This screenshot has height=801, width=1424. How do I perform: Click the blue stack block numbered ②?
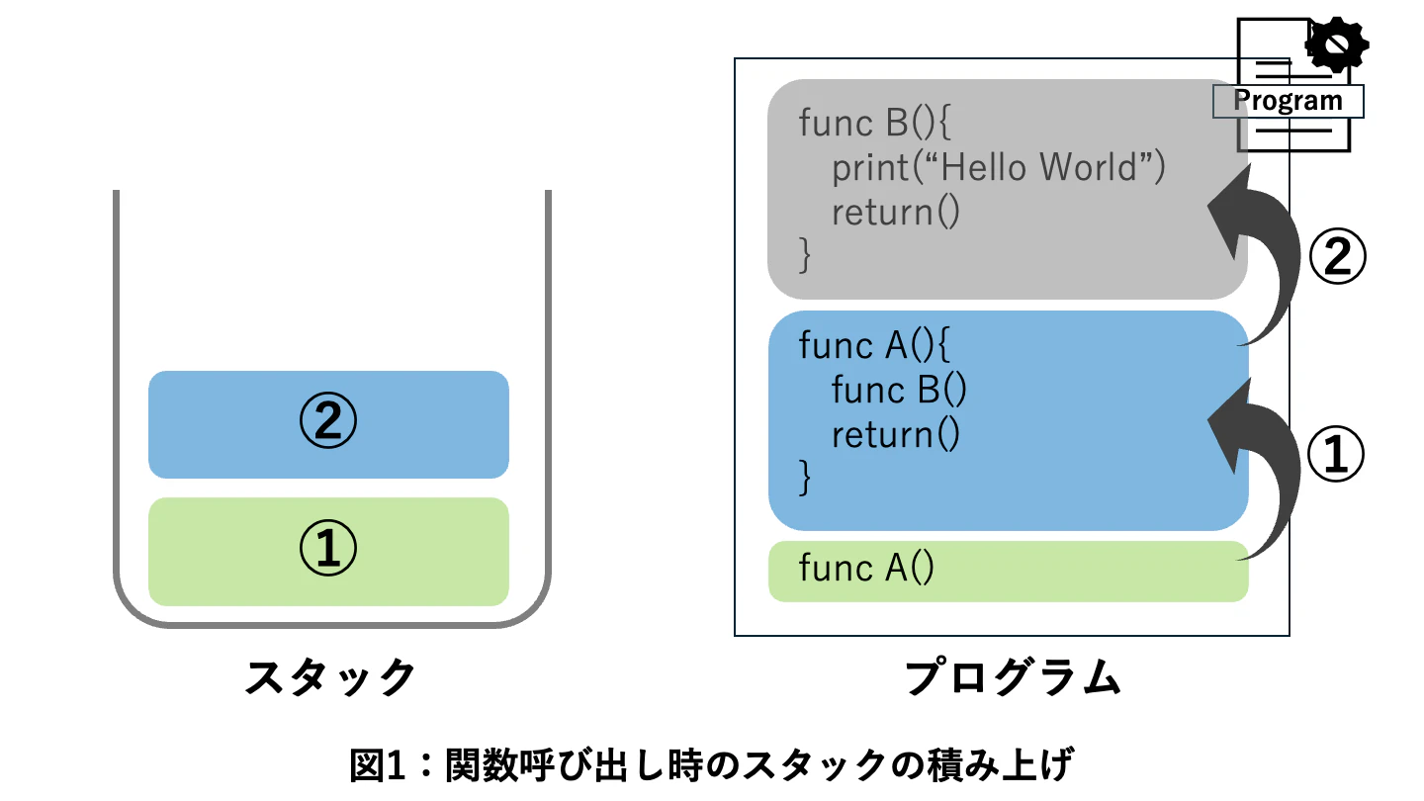328,424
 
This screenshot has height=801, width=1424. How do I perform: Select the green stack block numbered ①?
328,551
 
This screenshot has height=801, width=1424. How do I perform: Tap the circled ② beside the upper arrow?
1337,256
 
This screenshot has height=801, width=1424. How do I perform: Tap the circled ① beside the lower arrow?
1336,454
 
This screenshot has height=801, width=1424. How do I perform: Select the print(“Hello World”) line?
999,167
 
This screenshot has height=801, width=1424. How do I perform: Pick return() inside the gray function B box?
896,213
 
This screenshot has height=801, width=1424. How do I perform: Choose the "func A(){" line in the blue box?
875,345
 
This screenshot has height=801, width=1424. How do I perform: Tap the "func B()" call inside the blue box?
899,390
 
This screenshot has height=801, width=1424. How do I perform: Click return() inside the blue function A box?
896,435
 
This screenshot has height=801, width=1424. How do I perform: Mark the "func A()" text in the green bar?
866,568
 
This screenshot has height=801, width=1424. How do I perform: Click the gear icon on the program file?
1336,44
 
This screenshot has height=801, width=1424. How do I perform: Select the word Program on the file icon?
1288,101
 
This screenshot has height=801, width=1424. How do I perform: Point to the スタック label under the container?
330,677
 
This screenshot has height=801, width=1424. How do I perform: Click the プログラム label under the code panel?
1013,677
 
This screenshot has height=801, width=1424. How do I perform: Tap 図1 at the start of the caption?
377,764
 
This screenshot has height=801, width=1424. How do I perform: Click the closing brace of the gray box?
805,255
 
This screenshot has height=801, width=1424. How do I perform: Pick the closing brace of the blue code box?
805,478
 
